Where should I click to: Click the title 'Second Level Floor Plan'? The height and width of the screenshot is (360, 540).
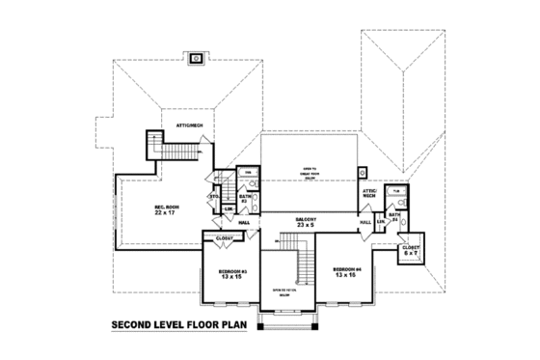click(178, 325)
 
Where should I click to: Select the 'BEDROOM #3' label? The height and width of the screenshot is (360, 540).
click(229, 274)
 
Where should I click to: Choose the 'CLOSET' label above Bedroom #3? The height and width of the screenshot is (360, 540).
click(224, 236)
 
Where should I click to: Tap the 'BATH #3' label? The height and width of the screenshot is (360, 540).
click(245, 199)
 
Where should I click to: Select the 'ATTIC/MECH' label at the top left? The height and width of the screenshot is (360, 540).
click(188, 126)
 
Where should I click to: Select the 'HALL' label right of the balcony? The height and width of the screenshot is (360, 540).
click(365, 222)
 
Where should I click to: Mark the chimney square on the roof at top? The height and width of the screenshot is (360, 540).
click(198, 57)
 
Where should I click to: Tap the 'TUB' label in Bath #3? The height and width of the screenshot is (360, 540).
click(247, 174)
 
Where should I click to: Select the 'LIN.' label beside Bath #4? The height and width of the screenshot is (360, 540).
click(381, 223)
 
